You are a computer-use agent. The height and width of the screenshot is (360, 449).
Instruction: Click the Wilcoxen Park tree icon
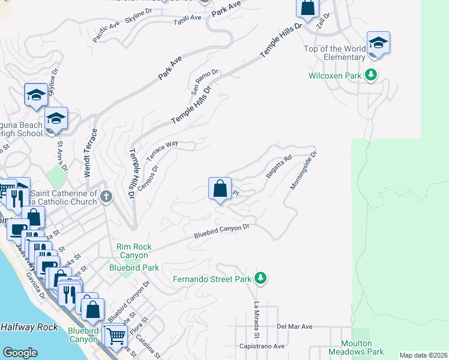click(x=372, y=75)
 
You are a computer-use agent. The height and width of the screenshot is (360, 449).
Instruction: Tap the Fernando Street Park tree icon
click(x=260, y=278)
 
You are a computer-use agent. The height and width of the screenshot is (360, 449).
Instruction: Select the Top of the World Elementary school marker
click(x=378, y=43)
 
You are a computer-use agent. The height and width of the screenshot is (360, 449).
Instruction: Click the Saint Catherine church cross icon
click(x=106, y=196)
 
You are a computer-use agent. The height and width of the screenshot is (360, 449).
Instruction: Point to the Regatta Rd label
click(x=279, y=167)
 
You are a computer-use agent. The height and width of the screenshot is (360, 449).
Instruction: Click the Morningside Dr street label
click(x=303, y=170)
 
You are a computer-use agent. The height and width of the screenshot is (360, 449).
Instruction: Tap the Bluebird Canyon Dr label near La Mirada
click(x=221, y=232)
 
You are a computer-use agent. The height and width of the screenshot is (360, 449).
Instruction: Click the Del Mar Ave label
click(x=295, y=327)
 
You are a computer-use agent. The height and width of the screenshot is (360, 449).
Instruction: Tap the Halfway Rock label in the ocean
click(x=29, y=327)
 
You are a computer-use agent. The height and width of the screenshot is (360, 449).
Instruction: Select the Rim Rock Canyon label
click(x=134, y=251)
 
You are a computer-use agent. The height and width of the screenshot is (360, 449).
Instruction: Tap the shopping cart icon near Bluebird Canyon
click(x=114, y=335)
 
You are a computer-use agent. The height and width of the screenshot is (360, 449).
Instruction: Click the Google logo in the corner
click(x=20, y=352)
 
